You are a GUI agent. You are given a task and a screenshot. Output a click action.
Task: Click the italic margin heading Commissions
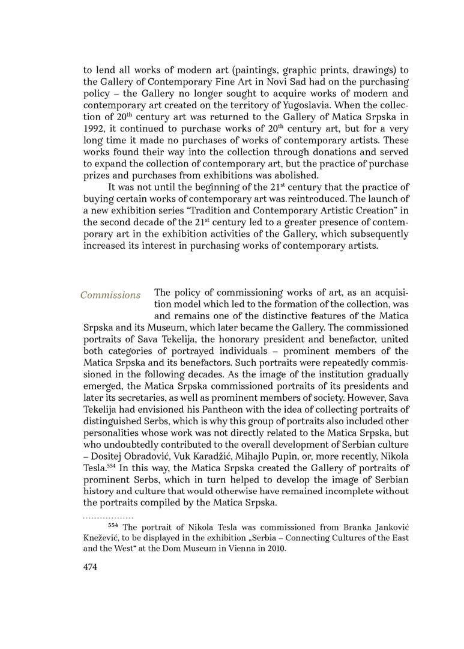[110, 295]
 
